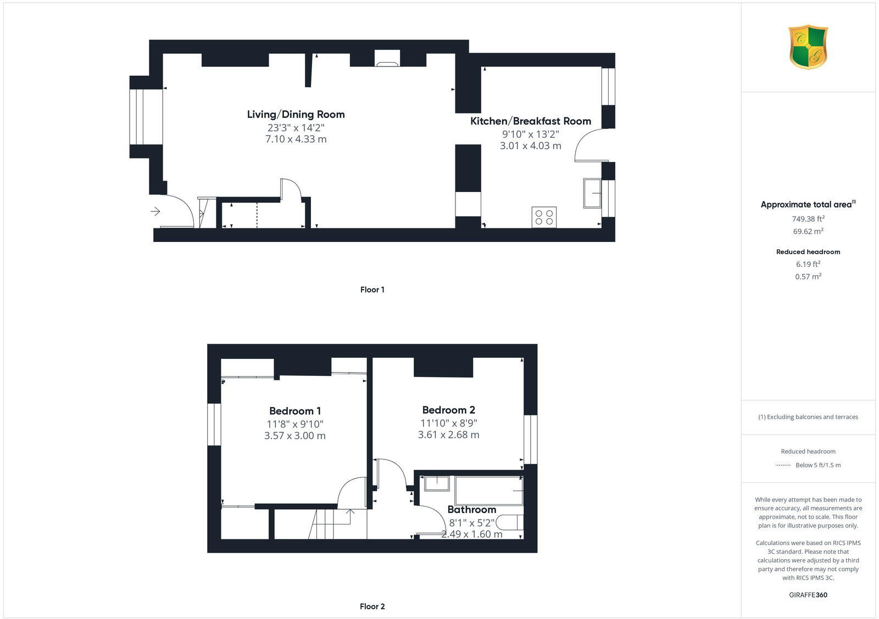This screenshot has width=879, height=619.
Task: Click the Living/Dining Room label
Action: pyautogui.click(x=296, y=115)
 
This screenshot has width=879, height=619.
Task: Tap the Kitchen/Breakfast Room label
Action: pyautogui.click(x=530, y=121)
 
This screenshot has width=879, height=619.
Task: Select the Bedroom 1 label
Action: pyautogui.click(x=295, y=411)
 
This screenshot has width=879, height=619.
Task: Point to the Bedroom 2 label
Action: pyautogui.click(x=448, y=410)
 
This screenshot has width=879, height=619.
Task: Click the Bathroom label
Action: pyautogui.click(x=471, y=510)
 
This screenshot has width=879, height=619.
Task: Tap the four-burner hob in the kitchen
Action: pyautogui.click(x=544, y=217)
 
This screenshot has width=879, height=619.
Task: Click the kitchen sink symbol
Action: pyautogui.click(x=593, y=193)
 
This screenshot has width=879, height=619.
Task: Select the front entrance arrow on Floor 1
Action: pyautogui.click(x=155, y=211)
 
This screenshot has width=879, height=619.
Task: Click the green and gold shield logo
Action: pyautogui.click(x=808, y=47)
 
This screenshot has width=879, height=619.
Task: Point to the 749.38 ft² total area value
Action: pyautogui.click(x=808, y=219)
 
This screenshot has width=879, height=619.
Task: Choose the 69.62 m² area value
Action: pyautogui.click(x=808, y=232)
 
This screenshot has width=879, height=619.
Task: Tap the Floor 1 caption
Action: pyautogui.click(x=372, y=290)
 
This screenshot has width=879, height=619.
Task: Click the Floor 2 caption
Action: pyautogui.click(x=372, y=606)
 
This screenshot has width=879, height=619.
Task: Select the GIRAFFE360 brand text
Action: pyautogui.click(x=808, y=595)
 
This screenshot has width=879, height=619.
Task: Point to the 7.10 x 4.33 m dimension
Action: pyautogui.click(x=296, y=139)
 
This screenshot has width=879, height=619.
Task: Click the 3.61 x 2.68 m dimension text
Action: pyautogui.click(x=448, y=435)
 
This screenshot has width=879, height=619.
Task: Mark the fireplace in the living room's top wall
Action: pyautogui.click(x=387, y=59)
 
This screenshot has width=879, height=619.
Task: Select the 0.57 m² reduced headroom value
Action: pyautogui.click(x=808, y=277)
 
